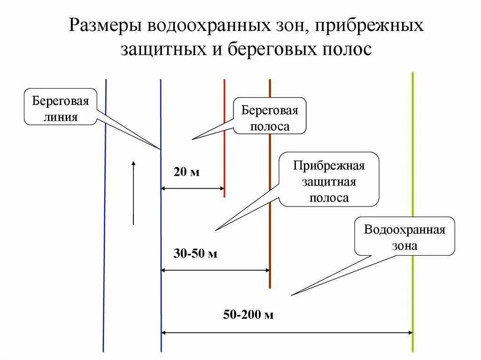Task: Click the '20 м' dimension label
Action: coord(186,172)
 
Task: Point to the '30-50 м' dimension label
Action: coord(195,254)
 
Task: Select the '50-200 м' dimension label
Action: coord(248,314)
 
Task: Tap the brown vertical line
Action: coord(270,235)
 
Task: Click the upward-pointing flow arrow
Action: coord(133,192)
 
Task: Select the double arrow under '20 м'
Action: coord(193,189)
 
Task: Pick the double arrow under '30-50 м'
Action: coord(215,270)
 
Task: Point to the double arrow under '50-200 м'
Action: coord(287,333)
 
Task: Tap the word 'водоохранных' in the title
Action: coord(203,26)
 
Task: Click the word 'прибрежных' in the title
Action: coord(369,26)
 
